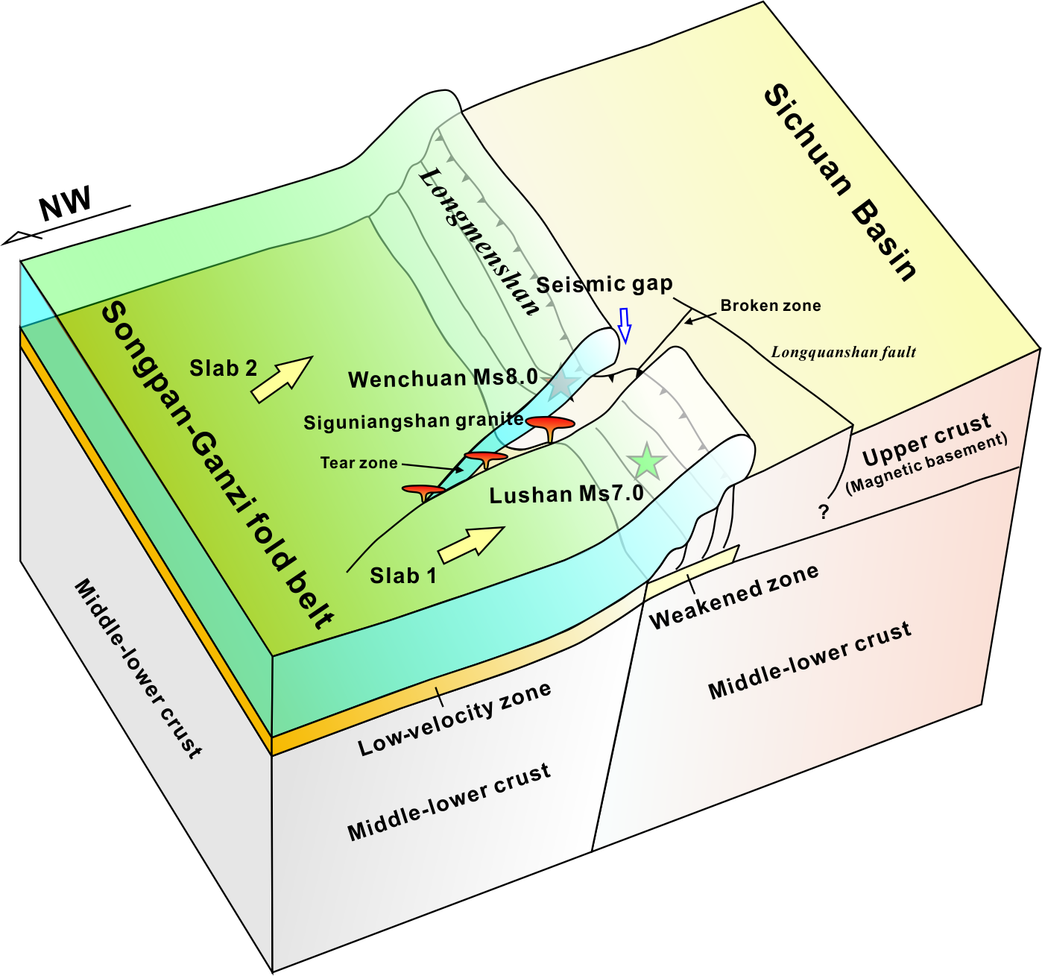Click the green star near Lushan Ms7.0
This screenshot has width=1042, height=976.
pos(646,462)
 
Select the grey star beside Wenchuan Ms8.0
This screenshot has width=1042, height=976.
pos(563,385)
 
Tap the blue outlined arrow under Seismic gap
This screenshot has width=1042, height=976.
pos(625,326)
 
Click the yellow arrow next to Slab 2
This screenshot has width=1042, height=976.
pos(281,378)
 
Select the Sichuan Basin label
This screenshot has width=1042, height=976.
pos(841,182)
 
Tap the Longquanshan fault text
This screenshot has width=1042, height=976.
pos(843,352)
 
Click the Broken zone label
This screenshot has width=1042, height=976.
pos(770,306)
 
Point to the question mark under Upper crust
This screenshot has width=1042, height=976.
pos(824,511)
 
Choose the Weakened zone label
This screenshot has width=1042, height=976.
pos(734,596)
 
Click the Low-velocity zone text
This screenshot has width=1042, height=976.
pos(455,719)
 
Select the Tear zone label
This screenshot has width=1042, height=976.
pos(359,463)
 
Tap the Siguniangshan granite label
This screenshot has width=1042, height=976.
pos(413,422)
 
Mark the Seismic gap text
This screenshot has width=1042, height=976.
pos(604,284)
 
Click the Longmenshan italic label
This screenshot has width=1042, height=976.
pos(479,241)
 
